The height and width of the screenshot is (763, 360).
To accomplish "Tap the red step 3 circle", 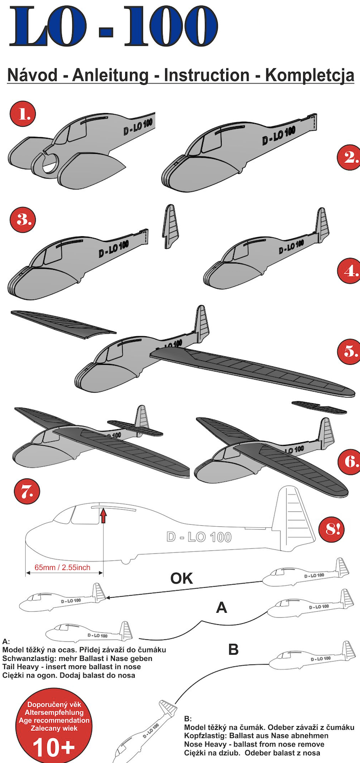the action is click(x=23, y=219).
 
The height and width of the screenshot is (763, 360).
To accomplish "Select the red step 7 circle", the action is click(x=27, y=492).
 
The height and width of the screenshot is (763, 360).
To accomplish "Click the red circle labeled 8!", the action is click(x=331, y=529).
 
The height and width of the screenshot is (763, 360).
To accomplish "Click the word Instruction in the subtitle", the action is click(x=207, y=75).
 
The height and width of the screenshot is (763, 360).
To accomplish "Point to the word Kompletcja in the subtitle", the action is click(x=309, y=75).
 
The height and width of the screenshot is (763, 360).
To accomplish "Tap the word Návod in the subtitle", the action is click(x=32, y=75).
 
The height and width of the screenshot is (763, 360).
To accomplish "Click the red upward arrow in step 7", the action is click(x=103, y=515).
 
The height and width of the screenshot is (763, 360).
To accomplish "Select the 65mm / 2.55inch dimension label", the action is click(x=62, y=567).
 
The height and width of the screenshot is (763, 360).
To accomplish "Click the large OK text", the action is click(x=182, y=578).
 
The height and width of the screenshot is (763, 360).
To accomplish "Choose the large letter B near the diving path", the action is click(x=233, y=649).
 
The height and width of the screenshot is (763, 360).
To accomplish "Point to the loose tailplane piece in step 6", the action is click(x=319, y=407).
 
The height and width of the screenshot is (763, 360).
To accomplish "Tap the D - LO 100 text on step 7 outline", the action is click(x=199, y=537).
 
